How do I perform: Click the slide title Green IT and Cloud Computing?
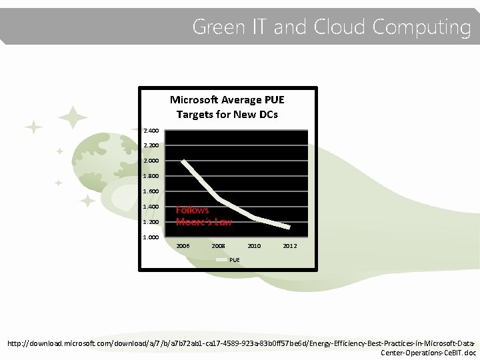pos(331,27)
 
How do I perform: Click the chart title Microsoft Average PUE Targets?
pos(227,107)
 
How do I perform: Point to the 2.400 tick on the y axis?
pos(151,130)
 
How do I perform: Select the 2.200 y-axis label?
pos(151,145)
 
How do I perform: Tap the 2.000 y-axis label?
pos(151,161)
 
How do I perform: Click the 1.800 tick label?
pos(151,176)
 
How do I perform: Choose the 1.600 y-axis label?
pos(151,191)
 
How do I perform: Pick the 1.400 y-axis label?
pos(151,207)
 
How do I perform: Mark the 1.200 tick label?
pos(151,222)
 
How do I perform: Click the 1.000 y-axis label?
pos(151,237)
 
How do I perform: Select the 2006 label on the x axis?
pos(183,246)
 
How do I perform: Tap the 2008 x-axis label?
pos(218,246)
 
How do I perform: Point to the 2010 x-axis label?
pos(254,246)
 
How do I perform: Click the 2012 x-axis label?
pos(289,246)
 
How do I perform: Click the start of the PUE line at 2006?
pos(183,161)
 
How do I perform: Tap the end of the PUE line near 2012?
pos(289,227)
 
